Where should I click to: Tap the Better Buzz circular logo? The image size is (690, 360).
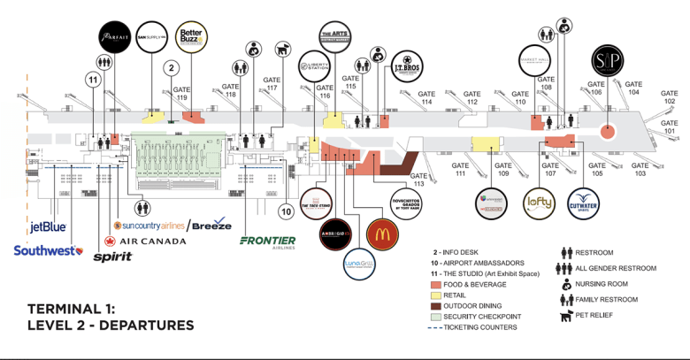tap(192, 36)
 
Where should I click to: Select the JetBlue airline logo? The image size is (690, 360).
tap(49, 227)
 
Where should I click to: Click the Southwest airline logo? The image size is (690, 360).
tap(47, 251)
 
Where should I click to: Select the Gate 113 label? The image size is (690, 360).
tap(413, 180)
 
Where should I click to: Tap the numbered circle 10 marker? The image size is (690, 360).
tap(285, 211)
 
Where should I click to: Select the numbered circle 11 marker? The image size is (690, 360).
tap(91, 80)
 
